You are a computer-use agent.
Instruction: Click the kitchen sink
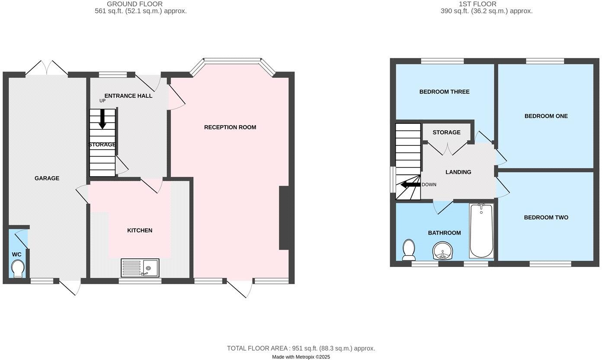[x=140, y=267]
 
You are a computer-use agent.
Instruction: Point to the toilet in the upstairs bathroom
[x=409, y=250]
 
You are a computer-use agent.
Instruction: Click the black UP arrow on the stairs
[x=102, y=119]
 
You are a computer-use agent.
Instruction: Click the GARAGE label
[x=47, y=178]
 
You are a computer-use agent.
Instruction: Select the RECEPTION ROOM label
[x=230, y=127]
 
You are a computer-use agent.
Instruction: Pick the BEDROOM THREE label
[x=444, y=92]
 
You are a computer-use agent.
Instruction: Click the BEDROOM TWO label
[x=546, y=218]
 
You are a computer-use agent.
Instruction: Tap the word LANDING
[x=458, y=172]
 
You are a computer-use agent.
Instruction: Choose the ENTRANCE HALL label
[x=128, y=96]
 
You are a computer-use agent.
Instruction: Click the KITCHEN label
[x=140, y=231]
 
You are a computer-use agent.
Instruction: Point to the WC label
[x=17, y=254]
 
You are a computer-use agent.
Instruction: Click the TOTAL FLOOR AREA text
[x=301, y=348]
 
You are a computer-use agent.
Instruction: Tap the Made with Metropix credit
[x=301, y=357]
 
